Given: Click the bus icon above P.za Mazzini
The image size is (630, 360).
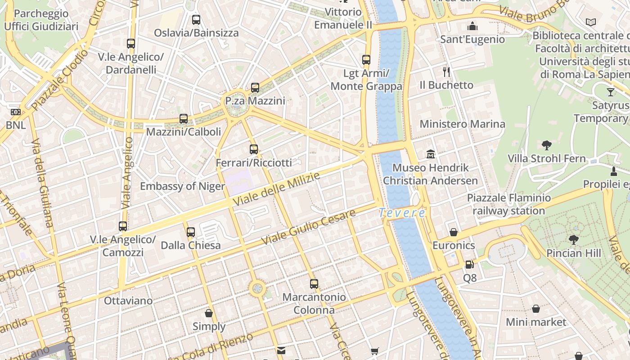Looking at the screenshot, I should (x=255, y=88).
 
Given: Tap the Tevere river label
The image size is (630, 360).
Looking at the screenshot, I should (x=402, y=213).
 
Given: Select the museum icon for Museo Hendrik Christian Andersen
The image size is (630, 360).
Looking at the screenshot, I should (x=431, y=154).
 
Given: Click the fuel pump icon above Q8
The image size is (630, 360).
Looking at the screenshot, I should (x=469, y=265).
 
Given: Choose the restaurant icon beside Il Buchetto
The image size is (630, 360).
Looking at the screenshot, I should (x=446, y=72).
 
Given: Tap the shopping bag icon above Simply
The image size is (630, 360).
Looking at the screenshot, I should (x=209, y=313).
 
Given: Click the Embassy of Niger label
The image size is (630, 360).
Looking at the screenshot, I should (x=182, y=186).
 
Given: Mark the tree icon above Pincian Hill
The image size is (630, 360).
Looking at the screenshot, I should (x=573, y=239).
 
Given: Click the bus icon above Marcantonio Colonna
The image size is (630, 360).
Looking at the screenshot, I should (x=314, y=284).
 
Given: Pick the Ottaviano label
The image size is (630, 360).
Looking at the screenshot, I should (x=128, y=300).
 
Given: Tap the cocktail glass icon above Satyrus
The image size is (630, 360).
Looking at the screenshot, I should (x=610, y=92).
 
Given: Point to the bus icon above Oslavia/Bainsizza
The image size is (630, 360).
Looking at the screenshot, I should (x=196, y=20).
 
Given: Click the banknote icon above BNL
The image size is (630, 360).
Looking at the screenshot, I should (x=16, y=112).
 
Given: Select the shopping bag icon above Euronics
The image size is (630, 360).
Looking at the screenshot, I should (x=454, y=232).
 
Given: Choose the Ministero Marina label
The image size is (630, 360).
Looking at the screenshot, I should (x=462, y=124).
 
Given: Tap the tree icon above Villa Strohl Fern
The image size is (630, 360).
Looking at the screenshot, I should (x=547, y=145).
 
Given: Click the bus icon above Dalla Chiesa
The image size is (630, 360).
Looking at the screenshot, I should (x=191, y=232).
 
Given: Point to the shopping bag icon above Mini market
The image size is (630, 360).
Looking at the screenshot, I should (x=536, y=309).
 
